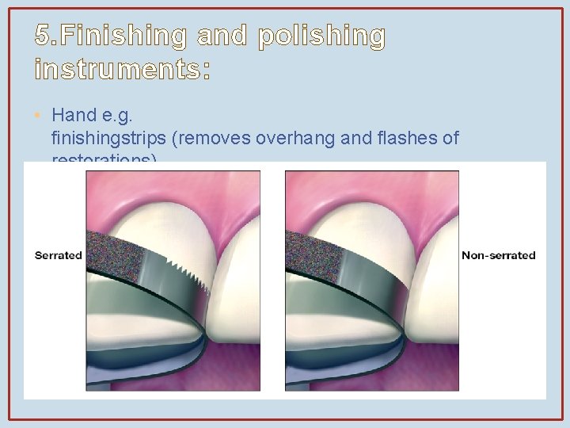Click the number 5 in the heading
pos(43,36)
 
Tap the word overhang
pos(295,139)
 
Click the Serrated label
pos(58,255)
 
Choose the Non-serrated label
pos(499,255)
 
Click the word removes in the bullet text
pos(217,139)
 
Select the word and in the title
pos(221,36)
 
